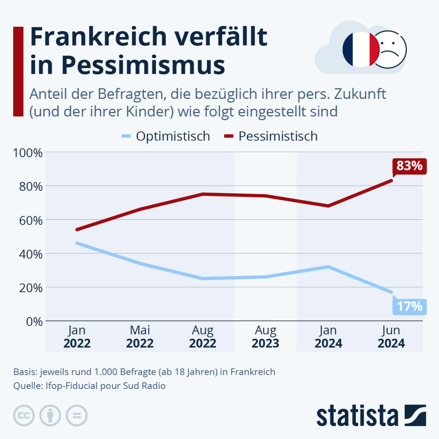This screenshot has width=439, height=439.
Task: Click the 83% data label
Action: point(409,166)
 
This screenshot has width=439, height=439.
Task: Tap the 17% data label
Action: point(409,306)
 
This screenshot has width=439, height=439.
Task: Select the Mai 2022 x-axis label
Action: point(140,337)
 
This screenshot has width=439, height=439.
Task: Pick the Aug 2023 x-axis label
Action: point(265,337)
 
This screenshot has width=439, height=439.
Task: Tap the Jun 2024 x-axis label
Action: point(391,337)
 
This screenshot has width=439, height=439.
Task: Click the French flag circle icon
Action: point(360,49)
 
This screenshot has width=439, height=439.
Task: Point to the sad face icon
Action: point(390,49)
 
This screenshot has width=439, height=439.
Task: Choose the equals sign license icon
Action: point(77,415)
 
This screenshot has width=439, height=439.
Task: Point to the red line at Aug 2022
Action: point(203,194)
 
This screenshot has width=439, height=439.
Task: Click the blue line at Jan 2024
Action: point(328,267)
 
